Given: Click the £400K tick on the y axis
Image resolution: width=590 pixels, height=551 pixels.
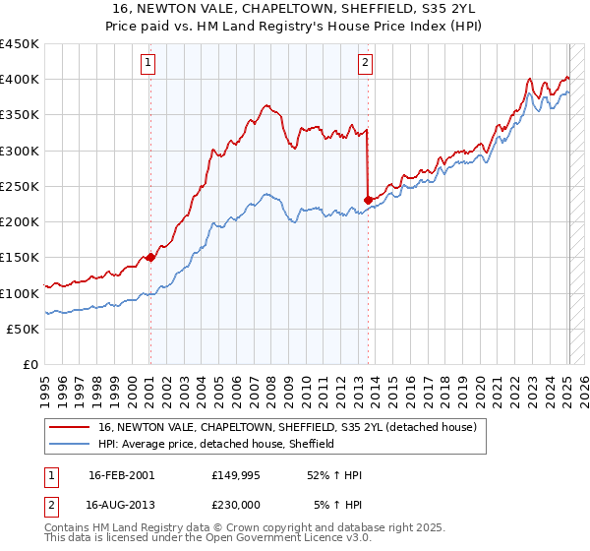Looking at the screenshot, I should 20,80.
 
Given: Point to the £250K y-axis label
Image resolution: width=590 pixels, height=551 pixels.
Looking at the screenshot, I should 20,187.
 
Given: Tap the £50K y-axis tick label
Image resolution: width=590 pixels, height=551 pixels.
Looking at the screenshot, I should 24,330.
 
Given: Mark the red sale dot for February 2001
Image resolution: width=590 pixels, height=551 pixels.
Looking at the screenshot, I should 150,258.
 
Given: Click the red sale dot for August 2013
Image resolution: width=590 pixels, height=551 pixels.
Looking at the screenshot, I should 368,200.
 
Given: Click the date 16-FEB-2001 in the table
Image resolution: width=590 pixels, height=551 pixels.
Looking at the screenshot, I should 121,475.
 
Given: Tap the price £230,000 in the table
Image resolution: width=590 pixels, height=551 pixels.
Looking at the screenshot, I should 236,503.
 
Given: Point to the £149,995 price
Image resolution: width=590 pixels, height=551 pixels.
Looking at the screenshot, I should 236,475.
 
